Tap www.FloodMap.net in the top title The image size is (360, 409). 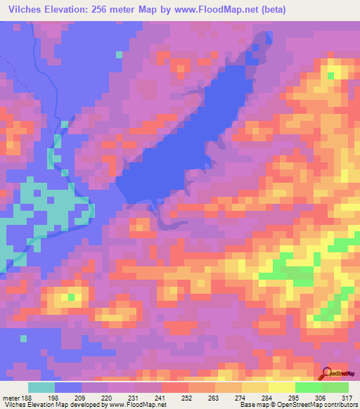[x=211, y=9]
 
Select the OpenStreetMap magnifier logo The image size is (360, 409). [x=327, y=373]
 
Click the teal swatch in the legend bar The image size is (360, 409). [x=42, y=387]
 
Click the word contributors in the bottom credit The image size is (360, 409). [x=340, y=405]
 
